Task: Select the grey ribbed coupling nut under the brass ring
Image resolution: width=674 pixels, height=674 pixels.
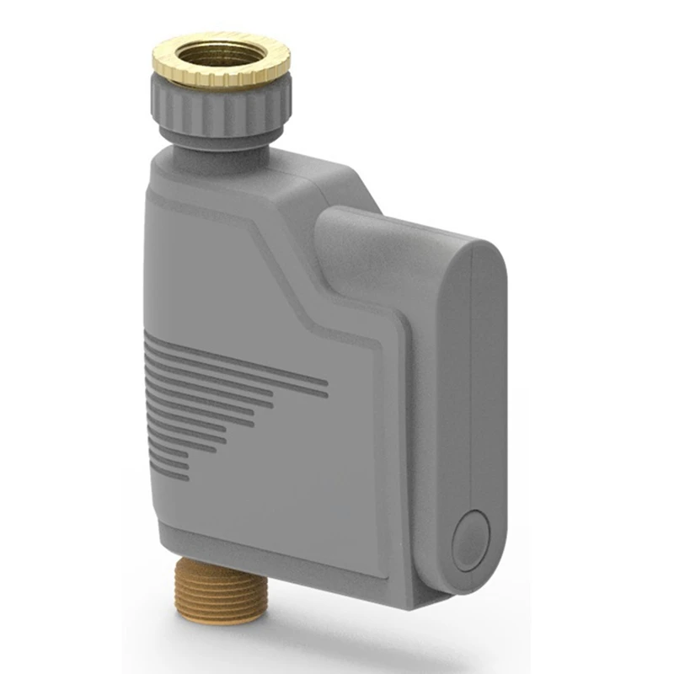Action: (x=220, y=107)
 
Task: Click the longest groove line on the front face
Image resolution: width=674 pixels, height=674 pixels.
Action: (x=236, y=371)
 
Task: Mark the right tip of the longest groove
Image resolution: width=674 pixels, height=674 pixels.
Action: (x=326, y=384)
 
